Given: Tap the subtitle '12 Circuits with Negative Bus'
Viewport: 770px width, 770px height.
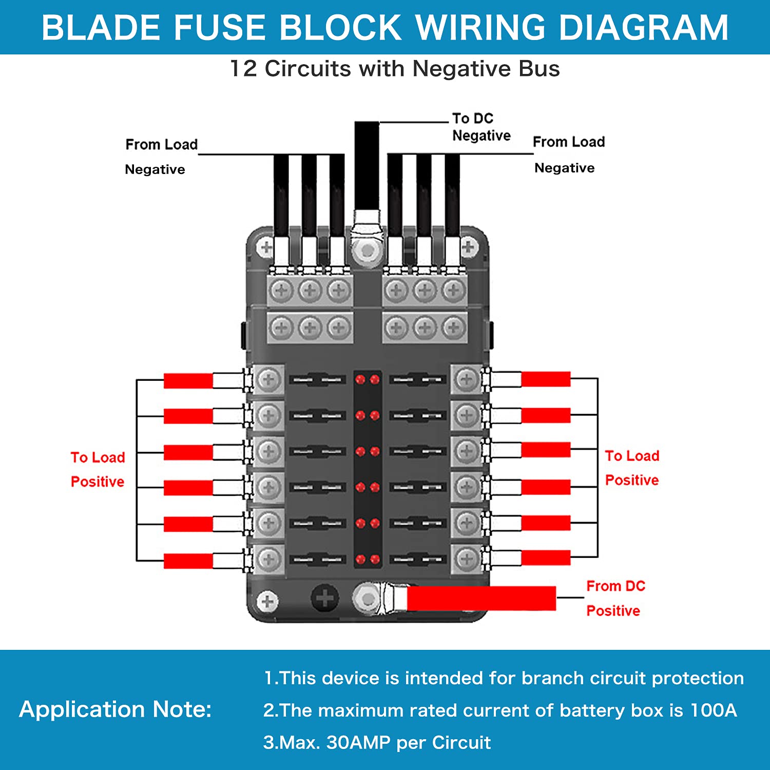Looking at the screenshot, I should [394, 69].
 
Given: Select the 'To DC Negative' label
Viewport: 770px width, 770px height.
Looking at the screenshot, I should [480, 127].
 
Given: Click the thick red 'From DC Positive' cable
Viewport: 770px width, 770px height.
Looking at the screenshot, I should [480, 599].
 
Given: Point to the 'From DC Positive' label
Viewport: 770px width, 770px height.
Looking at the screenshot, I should [615, 599].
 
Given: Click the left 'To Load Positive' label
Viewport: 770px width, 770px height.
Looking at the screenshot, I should [98, 469].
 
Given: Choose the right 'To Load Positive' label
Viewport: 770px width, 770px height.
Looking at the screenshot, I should [631, 468].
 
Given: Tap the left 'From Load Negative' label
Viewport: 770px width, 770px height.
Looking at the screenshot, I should [160, 156].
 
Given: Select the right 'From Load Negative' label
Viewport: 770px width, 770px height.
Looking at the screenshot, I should [568, 154].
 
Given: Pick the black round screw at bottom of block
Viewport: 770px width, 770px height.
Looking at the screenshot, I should [324, 598].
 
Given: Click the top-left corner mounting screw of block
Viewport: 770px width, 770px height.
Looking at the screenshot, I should [266, 248].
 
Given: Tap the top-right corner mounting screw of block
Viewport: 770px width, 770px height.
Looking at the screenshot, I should [468, 247].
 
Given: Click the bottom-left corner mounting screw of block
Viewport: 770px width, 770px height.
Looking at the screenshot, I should [267, 602].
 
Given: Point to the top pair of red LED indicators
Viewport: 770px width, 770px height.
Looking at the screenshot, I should [368, 380].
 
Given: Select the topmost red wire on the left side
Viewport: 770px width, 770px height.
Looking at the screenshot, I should [188, 381].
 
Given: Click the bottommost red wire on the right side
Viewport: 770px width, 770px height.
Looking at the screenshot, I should [545, 557].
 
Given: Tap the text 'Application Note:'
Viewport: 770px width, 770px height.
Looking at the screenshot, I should [115, 709].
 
